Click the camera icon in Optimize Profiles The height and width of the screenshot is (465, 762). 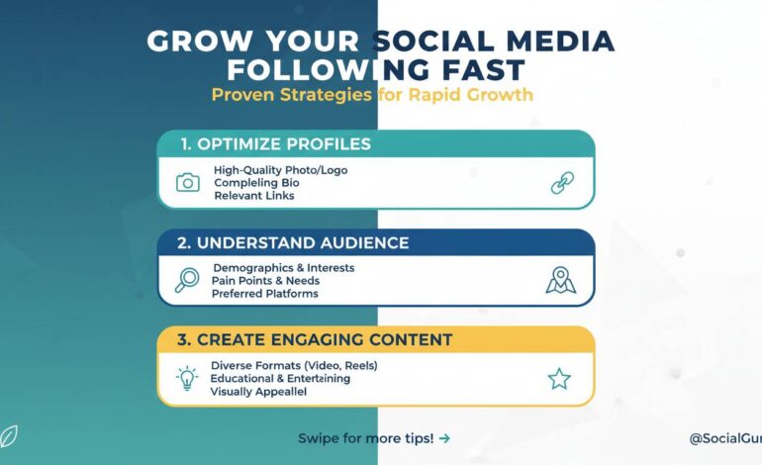coord(187,182)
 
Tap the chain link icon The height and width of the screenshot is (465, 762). coord(562,183)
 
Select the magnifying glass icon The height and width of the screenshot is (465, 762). coord(186,280)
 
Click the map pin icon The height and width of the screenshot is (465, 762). coord(560,280)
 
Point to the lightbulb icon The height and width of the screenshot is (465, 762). coord(186,378)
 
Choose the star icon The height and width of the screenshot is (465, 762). coord(560,378)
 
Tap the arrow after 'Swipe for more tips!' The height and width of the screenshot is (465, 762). coord(444,437)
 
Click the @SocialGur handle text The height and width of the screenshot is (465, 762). coord(724,437)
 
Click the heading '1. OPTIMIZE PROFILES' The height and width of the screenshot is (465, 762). coord(275,144)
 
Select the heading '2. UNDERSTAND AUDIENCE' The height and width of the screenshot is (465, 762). coord(294,242)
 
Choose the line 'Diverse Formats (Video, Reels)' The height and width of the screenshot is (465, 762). coord(294,366)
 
